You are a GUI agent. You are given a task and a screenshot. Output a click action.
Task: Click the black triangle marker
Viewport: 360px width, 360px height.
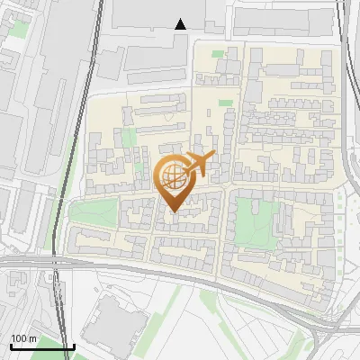pyautogui.click(x=181, y=23)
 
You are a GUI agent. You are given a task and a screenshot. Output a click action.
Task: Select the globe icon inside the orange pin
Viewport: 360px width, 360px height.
pyautogui.click(x=174, y=178)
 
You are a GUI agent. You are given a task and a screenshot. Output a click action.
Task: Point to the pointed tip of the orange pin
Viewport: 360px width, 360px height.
pyautogui.click(x=174, y=211)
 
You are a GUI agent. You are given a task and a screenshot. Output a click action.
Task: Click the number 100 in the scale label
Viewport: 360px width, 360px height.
pyautogui.click(x=19, y=338)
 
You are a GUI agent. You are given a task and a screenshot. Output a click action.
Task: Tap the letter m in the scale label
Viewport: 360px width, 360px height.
pyautogui.click(x=32, y=338)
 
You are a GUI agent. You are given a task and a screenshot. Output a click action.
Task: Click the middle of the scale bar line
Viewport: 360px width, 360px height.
pyautogui.click(x=41, y=346)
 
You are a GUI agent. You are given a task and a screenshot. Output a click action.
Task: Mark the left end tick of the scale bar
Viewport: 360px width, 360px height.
pyautogui.click(x=10, y=346)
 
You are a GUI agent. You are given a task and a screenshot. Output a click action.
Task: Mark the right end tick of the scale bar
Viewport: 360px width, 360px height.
pyautogui.click(x=73, y=346)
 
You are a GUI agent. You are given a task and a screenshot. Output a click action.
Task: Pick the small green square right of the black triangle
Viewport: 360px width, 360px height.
pyautogui.click(x=217, y=54)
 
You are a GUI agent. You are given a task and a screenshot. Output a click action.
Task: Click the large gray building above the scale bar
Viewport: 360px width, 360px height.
pyautogui.click(x=112, y=319)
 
